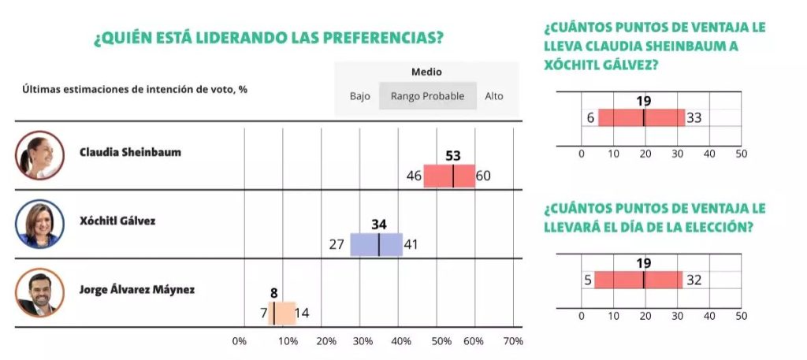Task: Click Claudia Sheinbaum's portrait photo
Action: pos(39,155)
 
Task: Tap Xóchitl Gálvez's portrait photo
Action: pos(39,224)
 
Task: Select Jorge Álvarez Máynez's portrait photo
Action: pos(39,292)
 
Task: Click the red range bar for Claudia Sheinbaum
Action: pos(449,176)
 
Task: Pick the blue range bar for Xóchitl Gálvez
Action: pos(377,244)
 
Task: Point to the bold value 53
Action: pos(452,156)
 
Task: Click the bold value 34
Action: pos(379,225)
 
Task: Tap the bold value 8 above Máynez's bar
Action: pos(274,293)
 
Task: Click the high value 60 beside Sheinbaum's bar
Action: pos(483,176)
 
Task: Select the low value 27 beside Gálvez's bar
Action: pos(337,244)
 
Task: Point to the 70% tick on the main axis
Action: pos(512,341)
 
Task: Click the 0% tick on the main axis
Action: pos(240,341)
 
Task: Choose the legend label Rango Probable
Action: pos(428,96)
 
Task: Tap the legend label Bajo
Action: pos(360,96)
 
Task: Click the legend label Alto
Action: pos(494,96)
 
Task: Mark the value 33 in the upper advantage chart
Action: pos(694,118)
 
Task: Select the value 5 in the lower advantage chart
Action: pos(587,280)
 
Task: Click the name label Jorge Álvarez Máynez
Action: pos(137,290)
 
